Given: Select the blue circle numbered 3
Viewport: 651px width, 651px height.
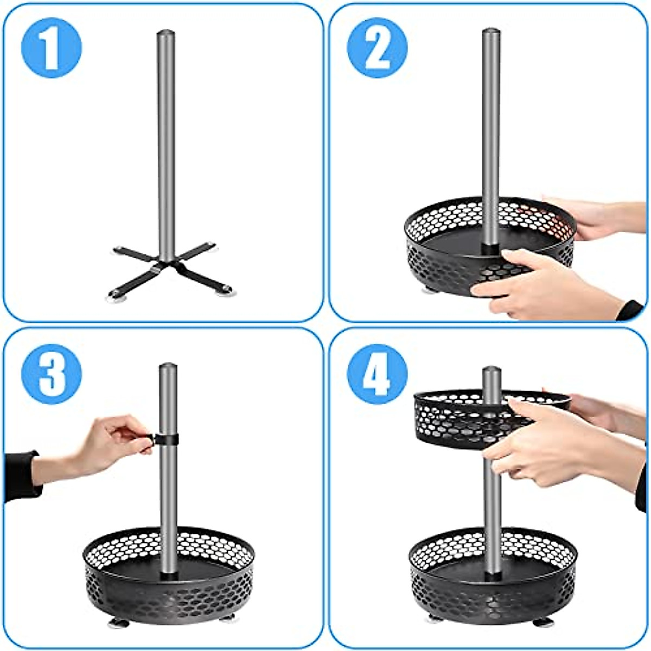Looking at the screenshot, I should tap(52, 374).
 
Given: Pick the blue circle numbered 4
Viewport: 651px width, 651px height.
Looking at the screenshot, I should tap(377, 374).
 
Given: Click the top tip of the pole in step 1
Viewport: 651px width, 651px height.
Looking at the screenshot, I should tap(167, 33).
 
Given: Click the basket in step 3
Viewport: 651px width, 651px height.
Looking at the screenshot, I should tap(168, 575).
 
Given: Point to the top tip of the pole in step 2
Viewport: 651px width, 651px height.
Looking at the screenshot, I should tap(491, 31).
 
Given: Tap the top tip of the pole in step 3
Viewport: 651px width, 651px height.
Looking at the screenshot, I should tap(168, 366).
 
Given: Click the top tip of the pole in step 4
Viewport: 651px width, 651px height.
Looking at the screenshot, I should tap(492, 369).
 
